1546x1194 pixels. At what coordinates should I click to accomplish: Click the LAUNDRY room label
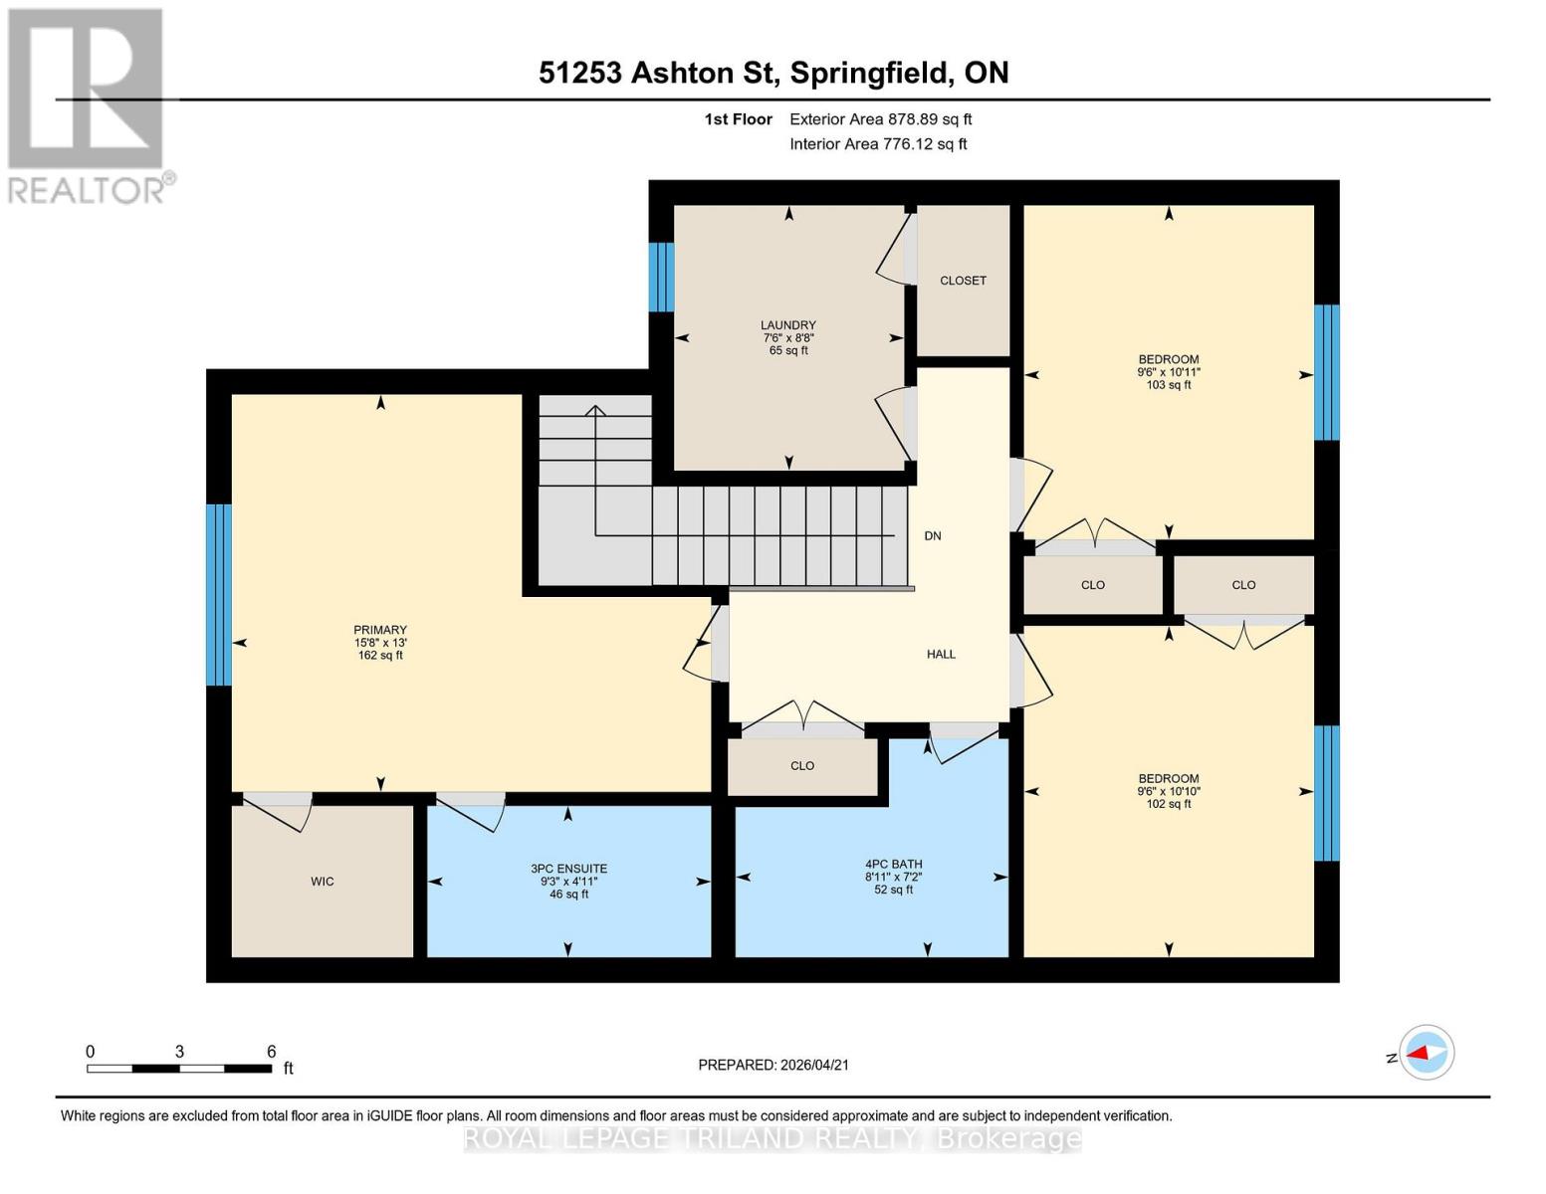click(787, 325)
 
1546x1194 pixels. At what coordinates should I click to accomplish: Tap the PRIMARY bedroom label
click(380, 630)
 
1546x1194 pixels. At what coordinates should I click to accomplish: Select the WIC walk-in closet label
click(322, 882)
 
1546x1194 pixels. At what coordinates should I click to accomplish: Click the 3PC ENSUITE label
click(568, 869)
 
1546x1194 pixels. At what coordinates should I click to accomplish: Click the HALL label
click(941, 655)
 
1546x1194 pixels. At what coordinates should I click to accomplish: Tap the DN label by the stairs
click(932, 536)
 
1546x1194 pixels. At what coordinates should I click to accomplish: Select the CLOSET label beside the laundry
click(963, 281)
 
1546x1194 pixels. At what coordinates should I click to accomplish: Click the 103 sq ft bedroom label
click(1169, 359)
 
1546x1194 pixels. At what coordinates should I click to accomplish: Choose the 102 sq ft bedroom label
click(1169, 779)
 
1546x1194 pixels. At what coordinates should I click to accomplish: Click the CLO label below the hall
click(802, 766)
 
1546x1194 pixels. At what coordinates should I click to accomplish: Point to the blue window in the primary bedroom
click(219, 595)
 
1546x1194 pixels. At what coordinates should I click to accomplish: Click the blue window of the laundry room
click(661, 278)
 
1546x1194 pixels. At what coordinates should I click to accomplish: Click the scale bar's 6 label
click(271, 1052)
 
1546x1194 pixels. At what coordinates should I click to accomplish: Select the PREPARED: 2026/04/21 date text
click(773, 1065)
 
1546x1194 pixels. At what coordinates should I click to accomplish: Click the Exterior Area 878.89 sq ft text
click(880, 119)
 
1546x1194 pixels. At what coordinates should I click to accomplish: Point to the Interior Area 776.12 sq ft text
click(878, 144)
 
